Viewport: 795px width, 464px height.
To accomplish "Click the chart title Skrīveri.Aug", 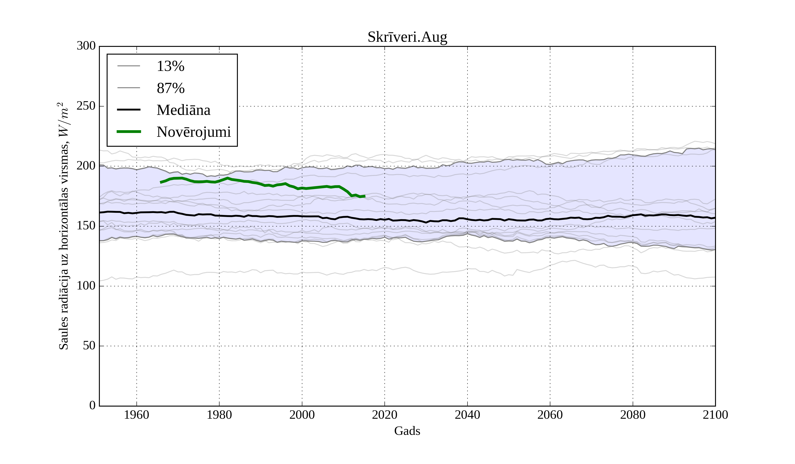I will tap(407, 37).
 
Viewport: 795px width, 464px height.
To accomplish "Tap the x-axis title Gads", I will tap(407, 431).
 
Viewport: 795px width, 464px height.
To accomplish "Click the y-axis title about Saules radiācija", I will tap(64, 226).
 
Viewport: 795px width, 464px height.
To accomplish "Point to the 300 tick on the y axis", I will tap(86, 46).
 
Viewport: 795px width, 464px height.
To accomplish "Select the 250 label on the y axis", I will tap(86, 106).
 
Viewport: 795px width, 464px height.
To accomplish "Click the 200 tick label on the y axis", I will tap(86, 166).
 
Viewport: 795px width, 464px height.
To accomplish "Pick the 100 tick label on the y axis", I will tap(86, 286).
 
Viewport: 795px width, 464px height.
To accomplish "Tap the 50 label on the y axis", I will tap(89, 346).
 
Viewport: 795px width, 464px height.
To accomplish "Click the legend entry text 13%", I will tap(170, 66).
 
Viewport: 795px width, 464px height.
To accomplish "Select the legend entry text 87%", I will tap(170, 88).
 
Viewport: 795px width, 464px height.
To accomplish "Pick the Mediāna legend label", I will tap(183, 110).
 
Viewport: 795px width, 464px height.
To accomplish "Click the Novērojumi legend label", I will tap(194, 132).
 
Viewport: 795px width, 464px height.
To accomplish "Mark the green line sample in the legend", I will tap(129, 132).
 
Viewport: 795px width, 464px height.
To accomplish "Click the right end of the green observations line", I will tap(365, 196).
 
